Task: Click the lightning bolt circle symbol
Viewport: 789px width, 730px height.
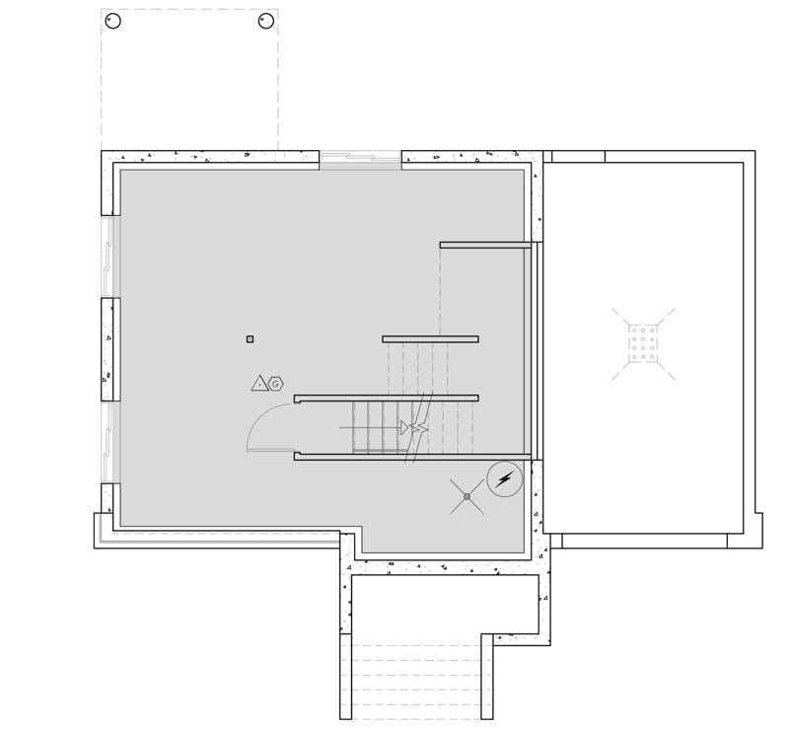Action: pyautogui.click(x=505, y=479)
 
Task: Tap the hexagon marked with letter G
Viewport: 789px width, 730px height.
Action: pyautogui.click(x=276, y=384)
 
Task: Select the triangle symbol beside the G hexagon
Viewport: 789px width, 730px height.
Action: pyautogui.click(x=260, y=383)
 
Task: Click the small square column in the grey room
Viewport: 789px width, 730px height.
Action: pyautogui.click(x=250, y=339)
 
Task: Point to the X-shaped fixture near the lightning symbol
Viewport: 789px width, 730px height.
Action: pyautogui.click(x=466, y=496)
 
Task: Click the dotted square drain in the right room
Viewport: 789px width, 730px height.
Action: pyautogui.click(x=643, y=343)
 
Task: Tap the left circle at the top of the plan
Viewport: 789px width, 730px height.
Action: pyautogui.click(x=113, y=21)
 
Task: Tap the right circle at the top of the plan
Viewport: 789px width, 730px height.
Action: pyautogui.click(x=265, y=21)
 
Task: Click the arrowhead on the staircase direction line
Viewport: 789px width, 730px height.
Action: pyautogui.click(x=405, y=427)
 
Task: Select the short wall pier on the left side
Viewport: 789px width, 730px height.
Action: pyautogui.click(x=110, y=349)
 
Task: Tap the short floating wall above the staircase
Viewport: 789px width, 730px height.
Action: pyautogui.click(x=430, y=339)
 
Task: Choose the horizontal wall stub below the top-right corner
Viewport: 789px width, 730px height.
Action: pyautogui.click(x=485, y=245)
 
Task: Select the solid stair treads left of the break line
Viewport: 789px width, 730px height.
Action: pyautogui.click(x=375, y=427)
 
